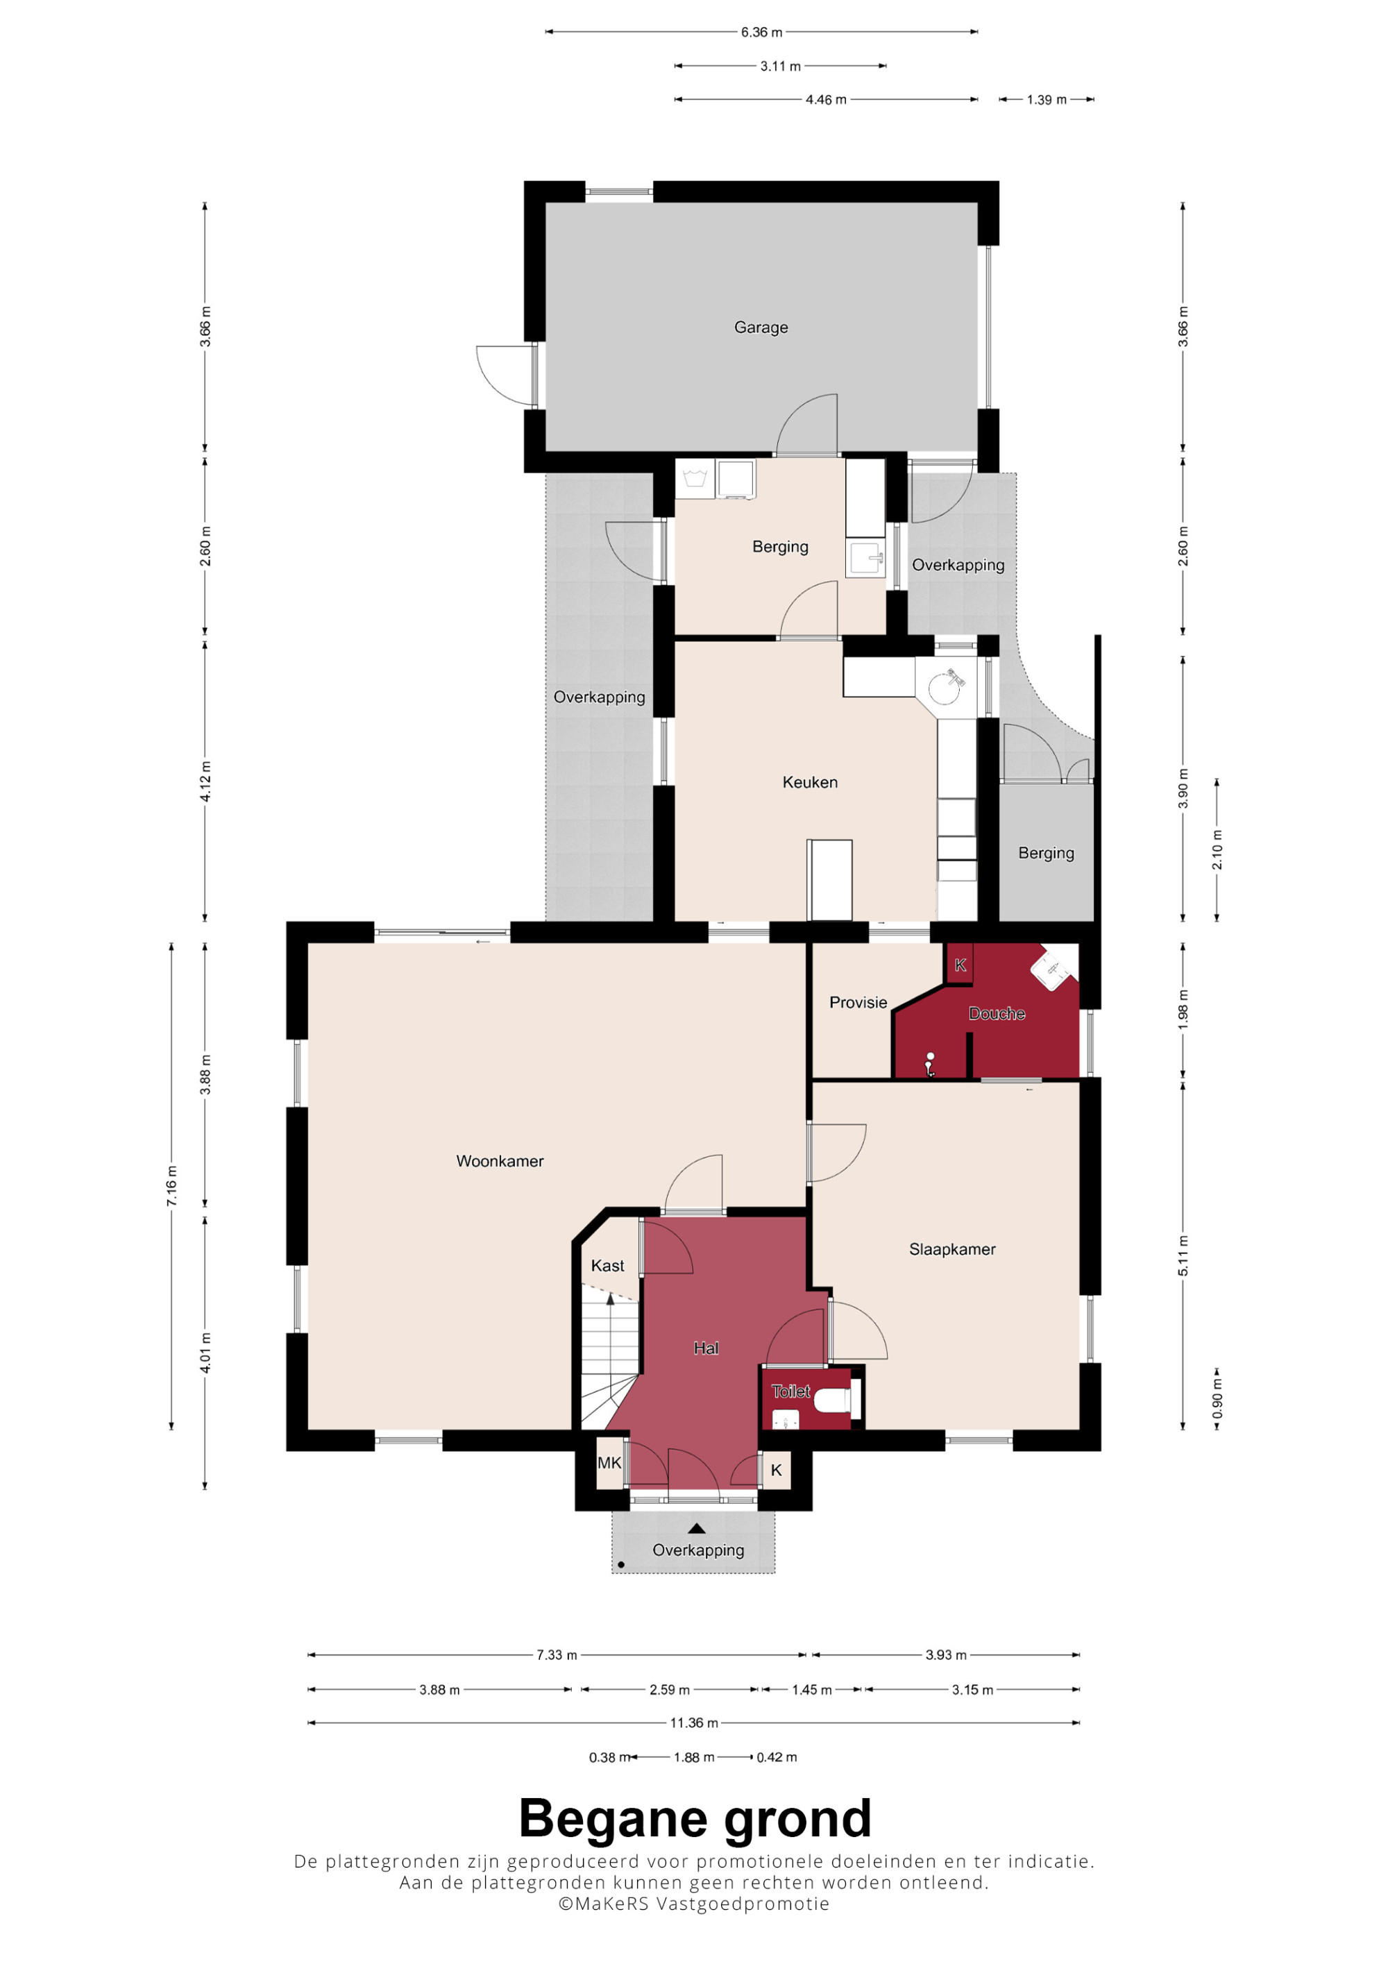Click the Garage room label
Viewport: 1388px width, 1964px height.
pyautogui.click(x=761, y=327)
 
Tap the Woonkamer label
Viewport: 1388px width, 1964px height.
pyautogui.click(x=500, y=1161)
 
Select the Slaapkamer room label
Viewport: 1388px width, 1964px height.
pyautogui.click(x=952, y=1249)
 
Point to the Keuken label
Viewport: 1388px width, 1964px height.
pyautogui.click(x=810, y=782)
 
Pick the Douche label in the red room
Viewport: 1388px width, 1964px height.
pyautogui.click(x=997, y=1014)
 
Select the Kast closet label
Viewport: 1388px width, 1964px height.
pyautogui.click(x=607, y=1266)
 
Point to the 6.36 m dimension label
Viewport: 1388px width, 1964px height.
pyautogui.click(x=761, y=33)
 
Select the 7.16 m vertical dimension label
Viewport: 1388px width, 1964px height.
pyautogui.click(x=172, y=1187)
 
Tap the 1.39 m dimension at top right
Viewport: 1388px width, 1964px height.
pyautogui.click(x=1047, y=100)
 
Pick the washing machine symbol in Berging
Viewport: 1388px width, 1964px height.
pyautogui.click(x=695, y=478)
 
